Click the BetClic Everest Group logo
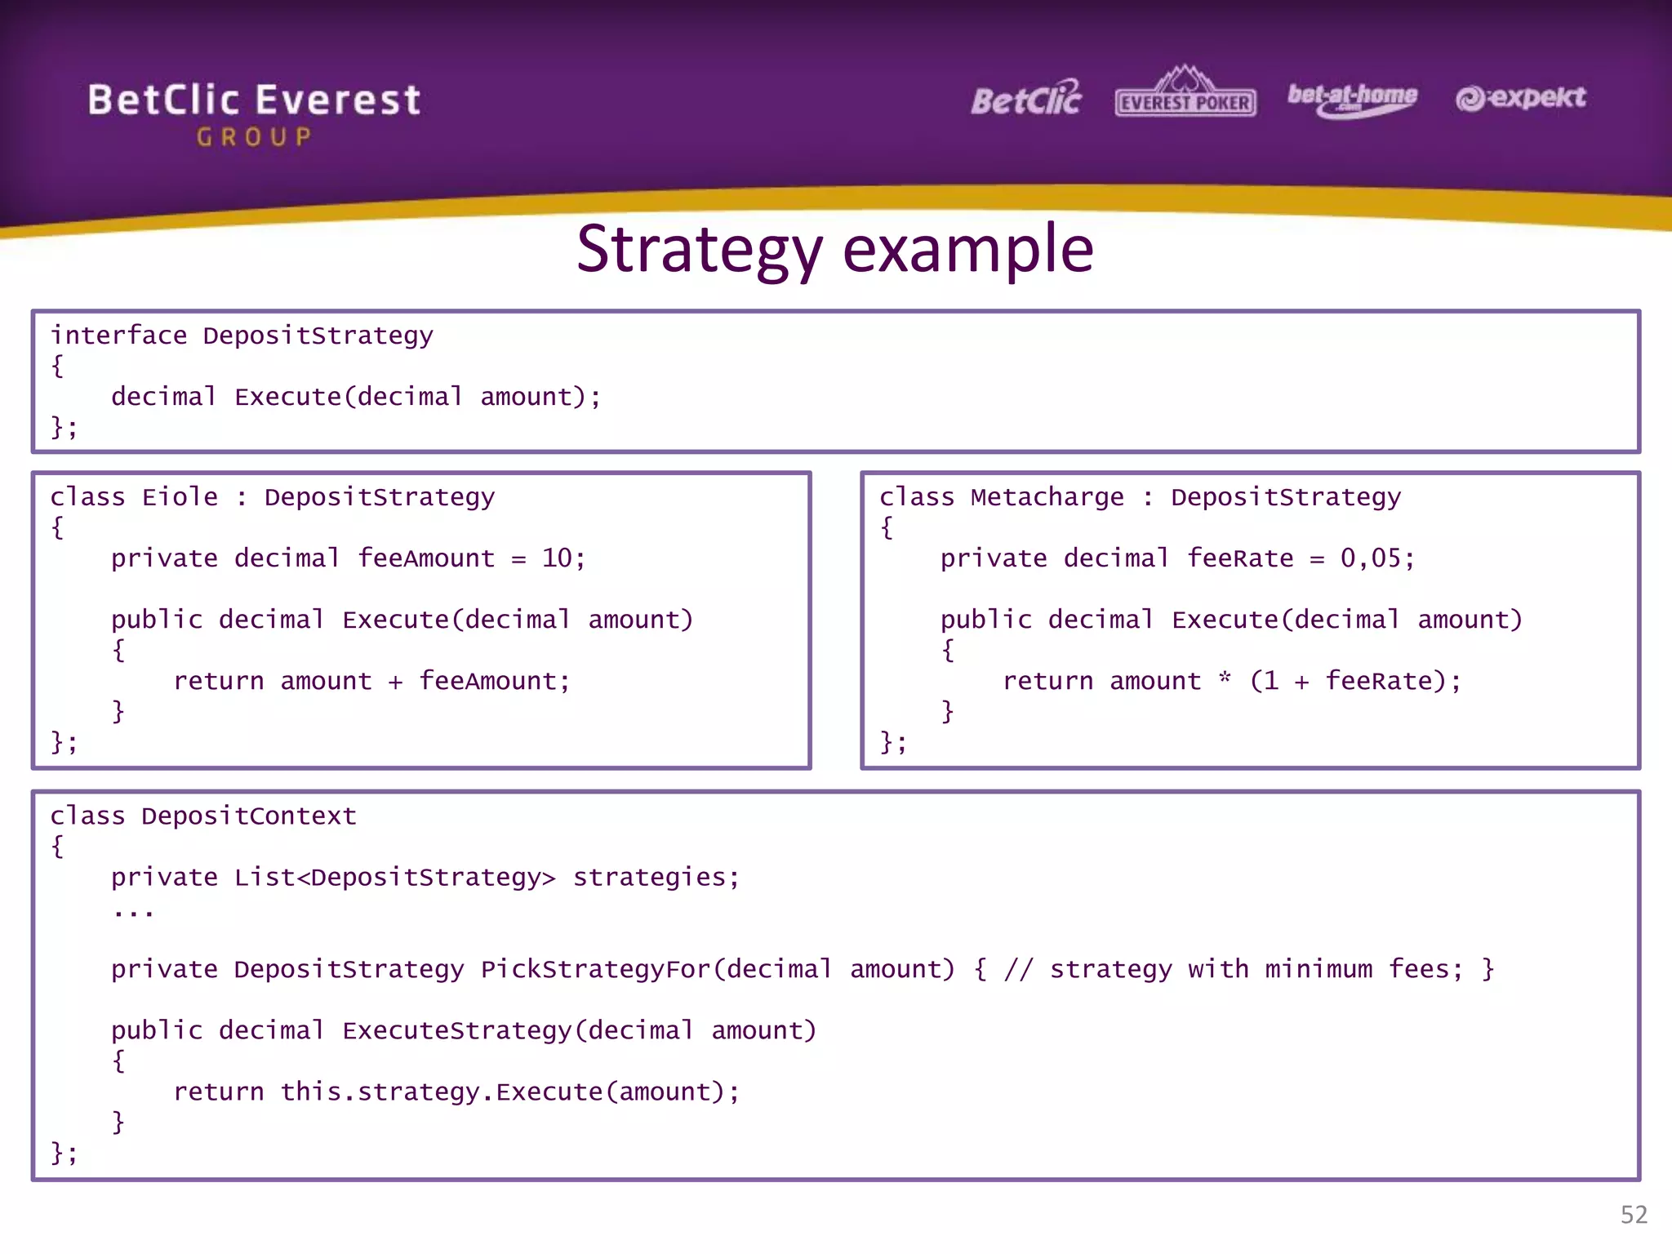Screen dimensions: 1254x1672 coord(254,113)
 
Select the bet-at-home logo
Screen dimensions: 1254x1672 coord(1352,99)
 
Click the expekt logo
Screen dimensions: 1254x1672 coord(1520,98)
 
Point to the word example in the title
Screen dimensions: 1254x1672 coord(968,250)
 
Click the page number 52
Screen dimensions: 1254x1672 coord(1634,1214)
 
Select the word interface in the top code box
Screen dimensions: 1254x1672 coord(119,336)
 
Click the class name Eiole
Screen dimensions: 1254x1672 coord(180,497)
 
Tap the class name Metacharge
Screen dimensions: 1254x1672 coord(1047,497)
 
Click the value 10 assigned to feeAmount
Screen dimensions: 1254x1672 coord(557,558)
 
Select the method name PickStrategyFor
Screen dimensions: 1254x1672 coord(595,969)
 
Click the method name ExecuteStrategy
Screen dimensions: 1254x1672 coord(456,1030)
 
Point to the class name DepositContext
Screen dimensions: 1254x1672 coord(248,816)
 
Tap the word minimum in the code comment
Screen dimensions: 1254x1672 coord(1318,969)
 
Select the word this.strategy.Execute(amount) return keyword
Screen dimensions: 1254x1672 coord(219,1092)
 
